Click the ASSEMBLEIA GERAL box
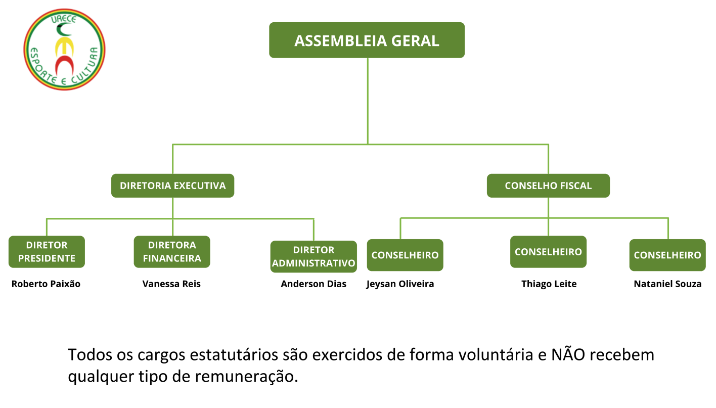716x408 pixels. tap(367, 40)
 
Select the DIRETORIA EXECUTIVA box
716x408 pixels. tap(172, 186)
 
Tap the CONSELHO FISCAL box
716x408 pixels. tap(548, 186)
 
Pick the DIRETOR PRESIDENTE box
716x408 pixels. tap(47, 252)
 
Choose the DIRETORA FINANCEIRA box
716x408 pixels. tap(172, 252)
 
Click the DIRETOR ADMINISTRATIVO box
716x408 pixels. tap(314, 257)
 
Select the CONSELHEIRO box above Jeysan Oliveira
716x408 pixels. tap(405, 255)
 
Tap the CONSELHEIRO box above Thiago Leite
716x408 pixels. tap(548, 252)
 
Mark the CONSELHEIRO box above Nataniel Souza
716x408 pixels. tap(667, 255)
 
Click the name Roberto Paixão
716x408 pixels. tap(46, 284)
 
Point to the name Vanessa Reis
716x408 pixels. tap(171, 284)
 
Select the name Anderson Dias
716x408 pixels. tap(314, 284)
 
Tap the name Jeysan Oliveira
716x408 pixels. tap(400, 284)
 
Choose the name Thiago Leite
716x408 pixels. tap(549, 284)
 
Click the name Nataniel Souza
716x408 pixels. tap(667, 284)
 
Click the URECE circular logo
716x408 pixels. tap(64, 50)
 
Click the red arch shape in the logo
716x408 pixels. tap(64, 65)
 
